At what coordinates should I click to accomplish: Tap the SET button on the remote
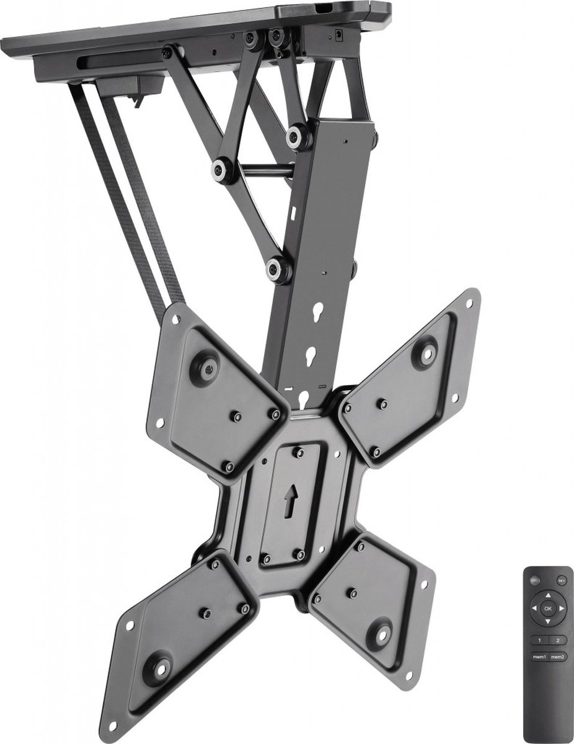point(560,581)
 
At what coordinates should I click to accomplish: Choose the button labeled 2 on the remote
point(558,639)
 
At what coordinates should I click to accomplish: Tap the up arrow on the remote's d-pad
point(548,596)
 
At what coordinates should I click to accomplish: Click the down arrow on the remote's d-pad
point(548,621)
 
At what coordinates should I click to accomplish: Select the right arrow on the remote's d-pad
point(561,608)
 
